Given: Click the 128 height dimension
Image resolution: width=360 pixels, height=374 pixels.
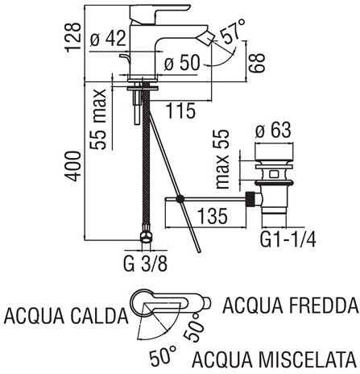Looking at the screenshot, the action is coord(72,38).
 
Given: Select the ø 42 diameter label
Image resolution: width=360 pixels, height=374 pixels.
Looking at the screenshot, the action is coord(108,38).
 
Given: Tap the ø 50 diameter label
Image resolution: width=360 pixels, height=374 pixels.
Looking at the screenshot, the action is coord(182,63).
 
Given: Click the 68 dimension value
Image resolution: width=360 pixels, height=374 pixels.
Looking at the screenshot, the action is coord(256,63).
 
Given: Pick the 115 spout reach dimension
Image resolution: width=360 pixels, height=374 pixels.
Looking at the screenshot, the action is coord(180,110).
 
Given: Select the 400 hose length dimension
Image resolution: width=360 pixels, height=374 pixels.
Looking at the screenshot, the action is coord(72,167).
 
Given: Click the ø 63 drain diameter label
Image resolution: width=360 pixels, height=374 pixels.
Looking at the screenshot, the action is coord(273,131).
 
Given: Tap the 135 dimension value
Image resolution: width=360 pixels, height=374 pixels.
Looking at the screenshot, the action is coord(213,216).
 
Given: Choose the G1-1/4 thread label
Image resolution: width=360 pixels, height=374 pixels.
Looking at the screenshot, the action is coord(288,239).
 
